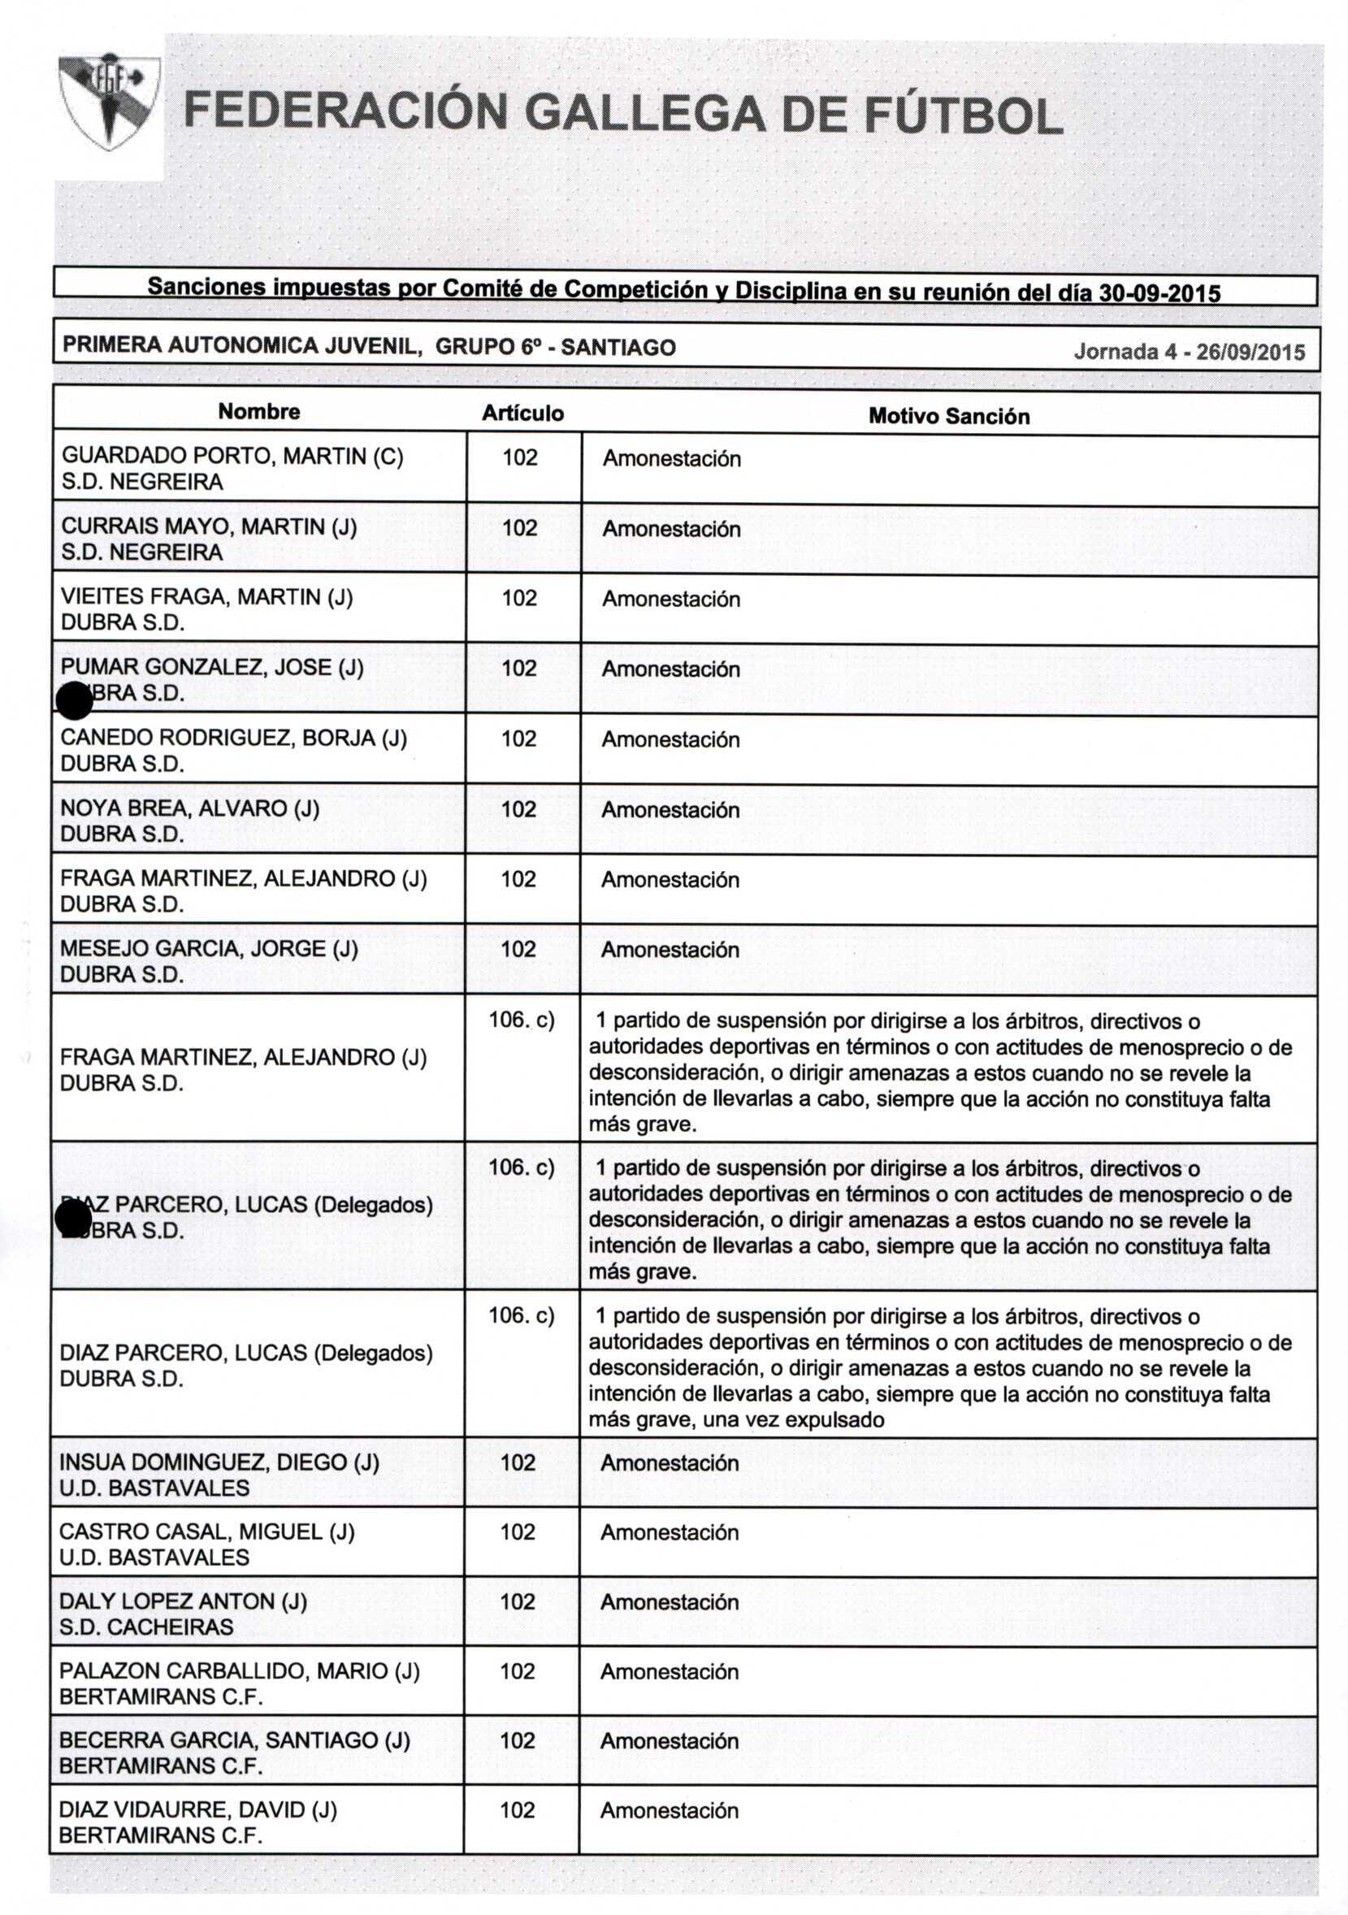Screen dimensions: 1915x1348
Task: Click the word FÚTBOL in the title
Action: [x=963, y=115]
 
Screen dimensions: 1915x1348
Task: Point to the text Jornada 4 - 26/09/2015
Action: [x=1189, y=351]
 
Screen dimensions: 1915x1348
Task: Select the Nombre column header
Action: [x=258, y=411]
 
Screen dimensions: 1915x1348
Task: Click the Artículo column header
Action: [x=523, y=413]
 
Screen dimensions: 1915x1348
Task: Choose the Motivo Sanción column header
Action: [x=948, y=416]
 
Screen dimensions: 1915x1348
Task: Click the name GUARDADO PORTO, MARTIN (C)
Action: [x=232, y=457]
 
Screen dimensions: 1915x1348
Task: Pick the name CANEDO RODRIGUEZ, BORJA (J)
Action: [x=233, y=739]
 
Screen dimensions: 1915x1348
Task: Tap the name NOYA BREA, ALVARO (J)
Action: [x=189, y=808]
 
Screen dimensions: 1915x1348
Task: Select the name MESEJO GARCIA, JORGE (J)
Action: [x=209, y=948]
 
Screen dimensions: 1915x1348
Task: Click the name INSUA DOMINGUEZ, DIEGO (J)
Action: [x=219, y=1462]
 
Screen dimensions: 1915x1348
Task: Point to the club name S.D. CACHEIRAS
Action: [x=146, y=1627]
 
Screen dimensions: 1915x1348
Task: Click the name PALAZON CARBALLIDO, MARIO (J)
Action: [x=239, y=1670]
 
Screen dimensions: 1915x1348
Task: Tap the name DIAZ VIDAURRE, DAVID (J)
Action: [x=197, y=1809]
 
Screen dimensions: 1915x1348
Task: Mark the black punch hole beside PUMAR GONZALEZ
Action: [x=74, y=700]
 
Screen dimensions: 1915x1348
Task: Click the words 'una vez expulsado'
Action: [x=793, y=1419]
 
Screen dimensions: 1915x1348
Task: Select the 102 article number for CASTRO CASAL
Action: [x=517, y=1532]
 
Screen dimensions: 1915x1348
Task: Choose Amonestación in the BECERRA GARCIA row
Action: [x=669, y=1740]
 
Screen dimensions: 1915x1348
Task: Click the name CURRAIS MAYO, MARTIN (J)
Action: [x=209, y=526]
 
